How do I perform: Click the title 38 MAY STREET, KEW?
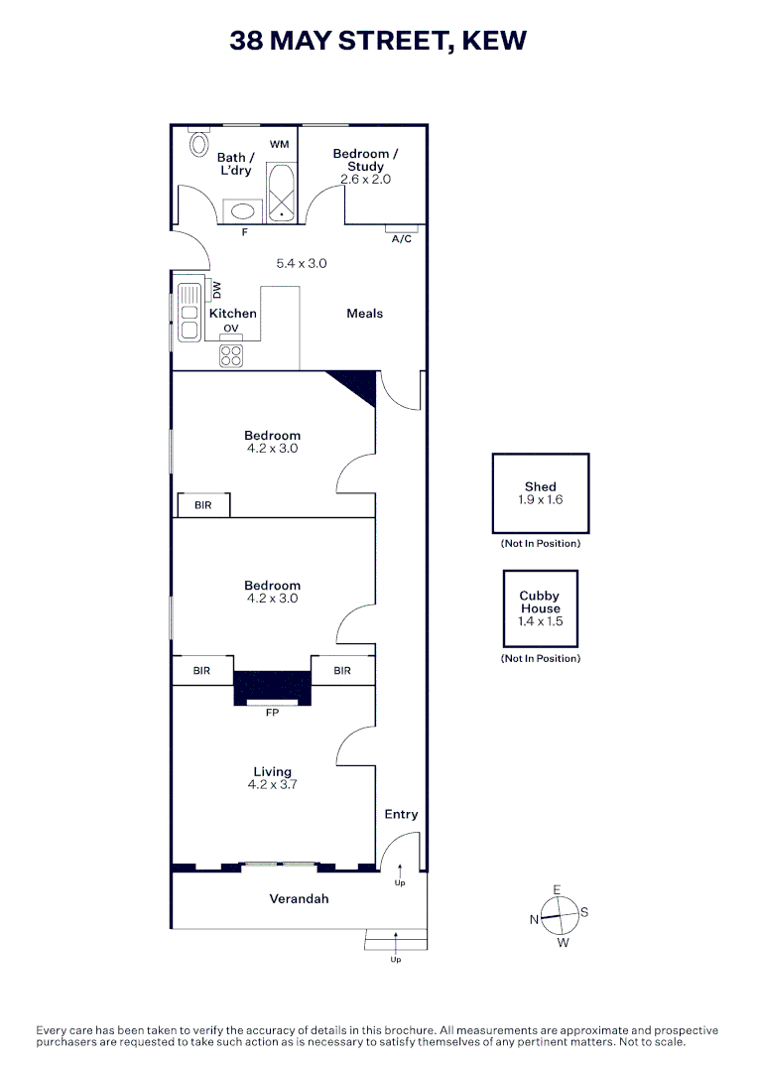(378, 41)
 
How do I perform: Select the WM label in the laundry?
(279, 145)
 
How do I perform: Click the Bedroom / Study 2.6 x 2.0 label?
(365, 166)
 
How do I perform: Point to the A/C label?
(401, 239)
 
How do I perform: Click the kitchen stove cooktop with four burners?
(231, 354)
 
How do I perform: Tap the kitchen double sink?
(188, 313)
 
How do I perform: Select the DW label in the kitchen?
(217, 290)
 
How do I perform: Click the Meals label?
(364, 314)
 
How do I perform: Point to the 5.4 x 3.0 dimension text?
(301, 264)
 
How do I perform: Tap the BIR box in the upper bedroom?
(203, 505)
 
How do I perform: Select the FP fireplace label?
(272, 713)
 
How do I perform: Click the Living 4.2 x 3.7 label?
(272, 777)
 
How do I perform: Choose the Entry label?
(401, 814)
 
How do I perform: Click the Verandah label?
(299, 899)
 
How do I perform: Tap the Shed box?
(541, 493)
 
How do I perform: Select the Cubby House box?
(540, 608)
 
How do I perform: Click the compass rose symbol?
(558, 916)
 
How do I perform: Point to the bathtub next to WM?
(282, 192)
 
